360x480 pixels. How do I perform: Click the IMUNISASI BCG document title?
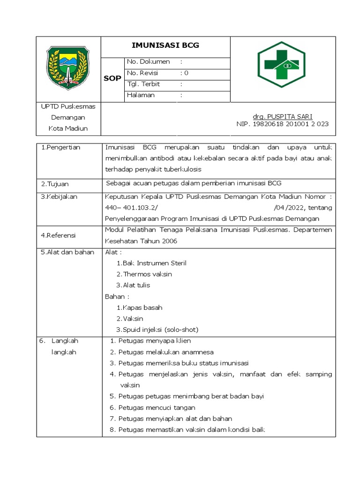pos(166,45)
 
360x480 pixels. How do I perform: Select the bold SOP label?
pos(112,78)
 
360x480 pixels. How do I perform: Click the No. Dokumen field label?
pos(149,62)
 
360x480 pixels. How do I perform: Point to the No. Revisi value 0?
pos(186,73)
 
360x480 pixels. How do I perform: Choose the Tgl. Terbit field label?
pos(143,84)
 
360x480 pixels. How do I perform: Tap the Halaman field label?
pos(141,95)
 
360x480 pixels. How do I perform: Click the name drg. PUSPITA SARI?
pos(283,116)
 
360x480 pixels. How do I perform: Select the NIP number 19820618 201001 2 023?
pos(283,124)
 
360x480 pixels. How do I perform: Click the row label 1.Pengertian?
pos(60,147)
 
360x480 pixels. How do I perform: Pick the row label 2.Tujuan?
pos(55,184)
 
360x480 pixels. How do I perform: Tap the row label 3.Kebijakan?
pos(59,196)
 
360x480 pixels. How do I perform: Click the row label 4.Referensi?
pos(58,235)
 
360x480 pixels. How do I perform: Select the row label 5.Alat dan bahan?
pos(67,252)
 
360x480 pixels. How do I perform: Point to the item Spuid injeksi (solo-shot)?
pos(157,330)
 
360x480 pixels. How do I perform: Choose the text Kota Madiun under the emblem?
pos(69,128)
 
